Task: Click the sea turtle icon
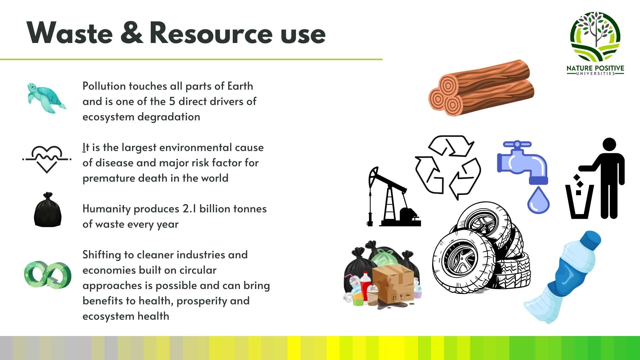pos(46,98)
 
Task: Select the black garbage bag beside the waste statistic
pos(48,210)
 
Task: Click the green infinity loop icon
pos(48,275)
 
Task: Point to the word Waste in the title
pos(70,33)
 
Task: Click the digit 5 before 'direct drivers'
pos(172,101)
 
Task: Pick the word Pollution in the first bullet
pos(104,86)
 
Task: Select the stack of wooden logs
pos(481,88)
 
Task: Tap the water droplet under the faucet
pos(538,200)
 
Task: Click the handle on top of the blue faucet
pos(517,145)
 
